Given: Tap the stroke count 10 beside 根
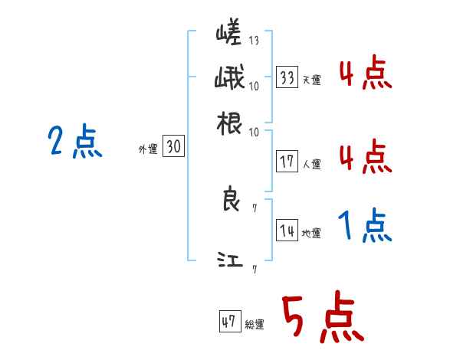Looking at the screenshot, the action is click(254, 132).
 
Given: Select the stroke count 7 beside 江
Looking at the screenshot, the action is click(254, 268).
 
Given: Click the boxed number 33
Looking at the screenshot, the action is click(287, 77).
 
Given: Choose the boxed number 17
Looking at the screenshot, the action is click(287, 162).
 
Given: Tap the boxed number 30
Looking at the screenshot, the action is click(173, 148).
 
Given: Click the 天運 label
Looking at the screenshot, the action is click(311, 80).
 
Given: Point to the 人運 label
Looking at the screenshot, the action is click(311, 164).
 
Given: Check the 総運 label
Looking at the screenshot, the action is click(254, 325).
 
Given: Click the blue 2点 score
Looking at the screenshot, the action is click(74, 142).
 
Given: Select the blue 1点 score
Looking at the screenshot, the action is click(364, 227).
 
